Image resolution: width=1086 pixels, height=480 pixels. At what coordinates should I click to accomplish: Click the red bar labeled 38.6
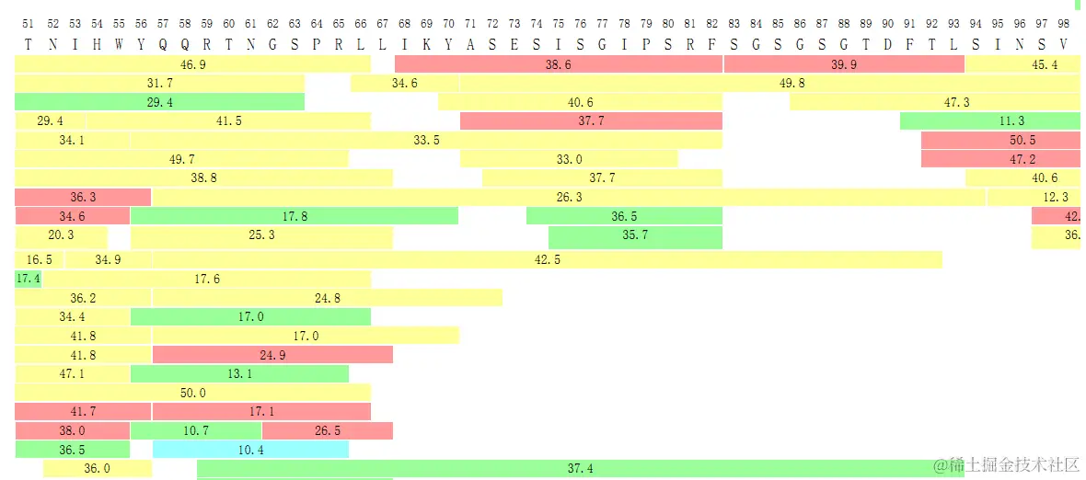[558, 64]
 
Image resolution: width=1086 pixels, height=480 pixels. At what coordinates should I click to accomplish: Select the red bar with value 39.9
[843, 64]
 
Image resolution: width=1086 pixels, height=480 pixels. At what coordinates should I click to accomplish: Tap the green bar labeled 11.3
[989, 121]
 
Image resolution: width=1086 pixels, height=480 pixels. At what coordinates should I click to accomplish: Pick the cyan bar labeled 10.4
[250, 450]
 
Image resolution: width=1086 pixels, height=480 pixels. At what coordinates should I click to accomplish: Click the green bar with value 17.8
[294, 216]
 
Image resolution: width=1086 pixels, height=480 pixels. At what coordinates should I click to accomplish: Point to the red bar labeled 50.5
[1000, 141]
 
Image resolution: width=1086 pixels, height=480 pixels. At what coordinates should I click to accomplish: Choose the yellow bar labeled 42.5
[547, 260]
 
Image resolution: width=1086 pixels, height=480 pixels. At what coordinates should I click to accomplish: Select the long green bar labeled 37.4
[580, 469]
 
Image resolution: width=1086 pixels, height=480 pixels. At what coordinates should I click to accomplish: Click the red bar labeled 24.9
[272, 355]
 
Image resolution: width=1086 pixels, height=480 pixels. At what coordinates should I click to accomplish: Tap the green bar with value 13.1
[239, 374]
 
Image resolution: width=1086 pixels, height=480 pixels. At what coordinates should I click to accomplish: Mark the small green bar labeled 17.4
[28, 279]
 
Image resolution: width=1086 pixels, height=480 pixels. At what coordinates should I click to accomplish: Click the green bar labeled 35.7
[635, 235]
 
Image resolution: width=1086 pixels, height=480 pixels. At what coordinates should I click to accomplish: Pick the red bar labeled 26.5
[327, 430]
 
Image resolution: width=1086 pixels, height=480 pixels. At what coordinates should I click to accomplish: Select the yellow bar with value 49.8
[769, 84]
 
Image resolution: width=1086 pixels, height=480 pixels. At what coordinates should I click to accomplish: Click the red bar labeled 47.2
[1000, 159]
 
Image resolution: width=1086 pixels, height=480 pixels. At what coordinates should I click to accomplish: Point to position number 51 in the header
[28, 23]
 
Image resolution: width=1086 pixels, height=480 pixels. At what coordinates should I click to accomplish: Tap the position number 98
[1064, 23]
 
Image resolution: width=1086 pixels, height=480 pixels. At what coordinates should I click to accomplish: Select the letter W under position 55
[119, 43]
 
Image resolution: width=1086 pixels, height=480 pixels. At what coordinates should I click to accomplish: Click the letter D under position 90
[887, 43]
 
